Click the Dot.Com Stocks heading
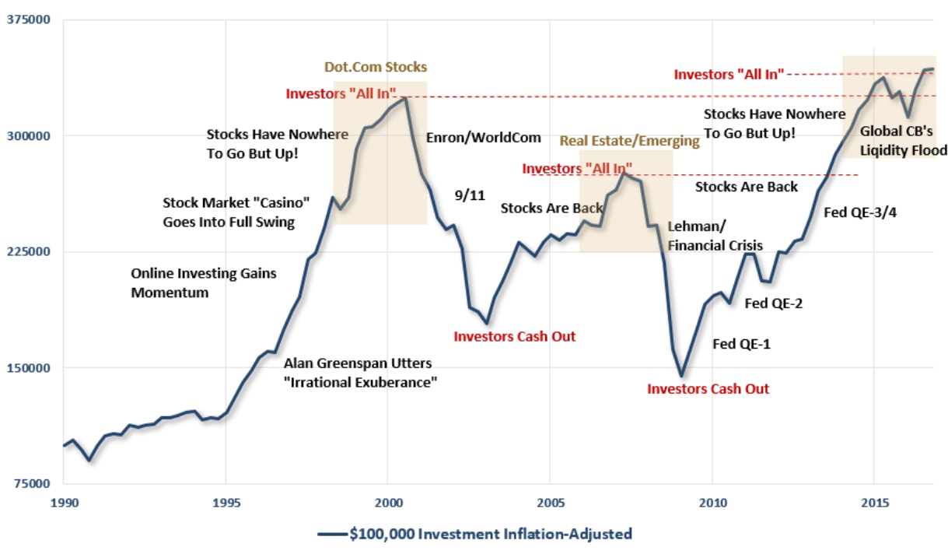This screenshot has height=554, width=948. coord(375,67)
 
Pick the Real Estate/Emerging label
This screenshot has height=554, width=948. coord(630,141)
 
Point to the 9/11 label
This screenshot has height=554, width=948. coord(470,195)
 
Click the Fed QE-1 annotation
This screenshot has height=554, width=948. coord(741,343)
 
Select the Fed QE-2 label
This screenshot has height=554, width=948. coord(773,303)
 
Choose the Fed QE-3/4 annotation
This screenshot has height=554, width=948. coord(860,212)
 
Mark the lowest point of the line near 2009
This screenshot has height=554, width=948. coord(681,376)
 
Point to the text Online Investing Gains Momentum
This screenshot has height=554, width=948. coord(203,283)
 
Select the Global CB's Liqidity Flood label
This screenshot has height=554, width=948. coord(903,141)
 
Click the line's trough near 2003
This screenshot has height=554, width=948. coord(486,323)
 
